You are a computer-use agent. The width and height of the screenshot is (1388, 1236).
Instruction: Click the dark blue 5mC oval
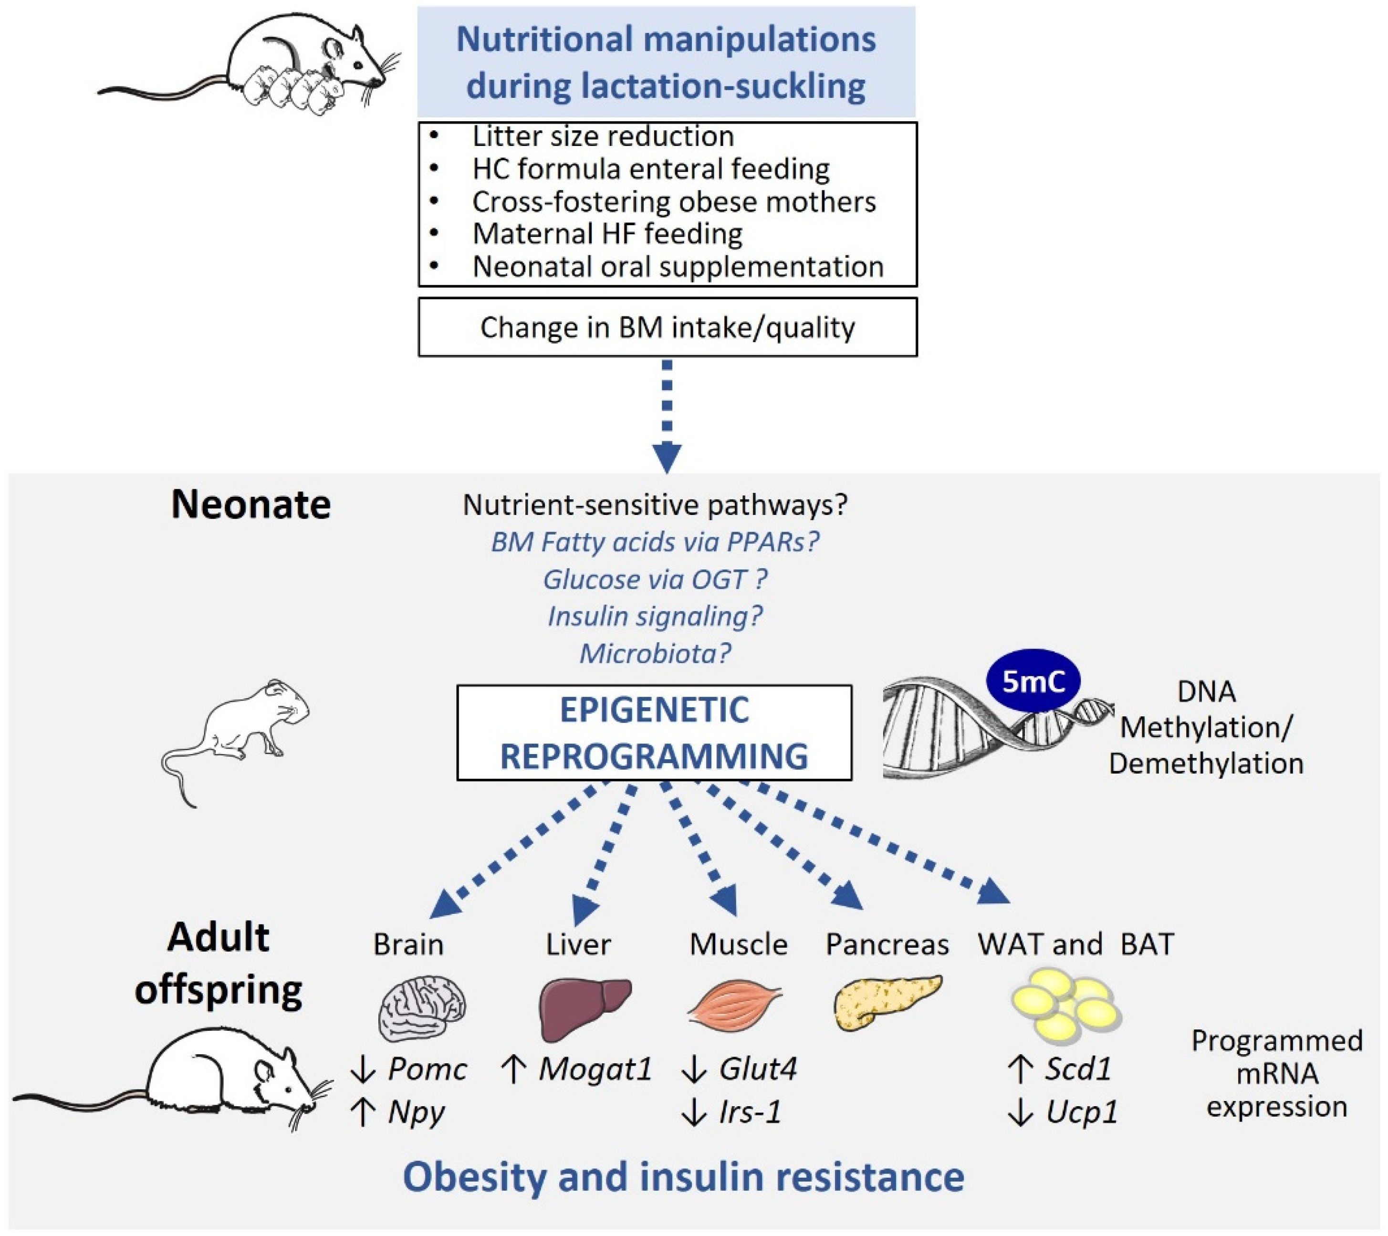(1033, 681)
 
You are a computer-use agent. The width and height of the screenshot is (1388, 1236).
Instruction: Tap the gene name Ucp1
(1081, 1112)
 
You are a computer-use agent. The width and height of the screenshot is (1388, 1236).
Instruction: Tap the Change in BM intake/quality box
(668, 327)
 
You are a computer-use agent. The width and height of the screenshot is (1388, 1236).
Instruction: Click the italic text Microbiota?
(655, 653)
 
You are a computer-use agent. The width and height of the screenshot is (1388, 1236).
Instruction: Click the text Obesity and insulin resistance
(683, 1177)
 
